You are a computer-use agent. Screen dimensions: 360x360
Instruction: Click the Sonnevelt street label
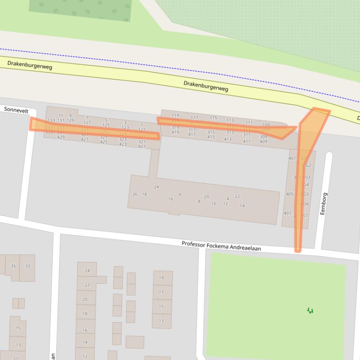pyautogui.click(x=16, y=110)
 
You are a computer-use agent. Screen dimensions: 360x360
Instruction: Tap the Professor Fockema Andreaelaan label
pyautogui.click(x=221, y=245)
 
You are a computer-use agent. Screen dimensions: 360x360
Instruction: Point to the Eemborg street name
pyautogui.click(x=324, y=204)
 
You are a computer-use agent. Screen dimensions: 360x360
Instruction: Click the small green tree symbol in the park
pyautogui.click(x=310, y=310)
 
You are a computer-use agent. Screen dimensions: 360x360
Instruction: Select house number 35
pyautogui.click(x=13, y=266)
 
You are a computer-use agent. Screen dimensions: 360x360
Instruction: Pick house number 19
pyautogui.click(x=161, y=278)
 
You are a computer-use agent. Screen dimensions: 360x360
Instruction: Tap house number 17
pyautogui.click(x=161, y=292)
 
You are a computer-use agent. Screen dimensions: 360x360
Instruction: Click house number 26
pyautogui.click(x=135, y=194)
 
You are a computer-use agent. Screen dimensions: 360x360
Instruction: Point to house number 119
pyautogui.click(x=175, y=115)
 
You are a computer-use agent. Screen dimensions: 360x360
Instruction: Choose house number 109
pyautogui.click(x=266, y=125)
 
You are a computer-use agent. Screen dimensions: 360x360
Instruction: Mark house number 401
pyautogui.click(x=292, y=158)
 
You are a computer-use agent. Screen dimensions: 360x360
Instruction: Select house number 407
pyautogui.click(x=287, y=213)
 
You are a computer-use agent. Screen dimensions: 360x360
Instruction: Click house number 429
pyautogui.click(x=61, y=137)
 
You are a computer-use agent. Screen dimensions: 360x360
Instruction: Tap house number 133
pyautogui.click(x=51, y=121)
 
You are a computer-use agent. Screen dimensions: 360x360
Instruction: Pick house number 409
pyautogui.click(x=263, y=142)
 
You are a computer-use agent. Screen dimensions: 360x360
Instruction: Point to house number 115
pyautogui.click(x=213, y=118)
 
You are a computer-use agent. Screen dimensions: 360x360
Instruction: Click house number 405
pyautogui.click(x=289, y=194)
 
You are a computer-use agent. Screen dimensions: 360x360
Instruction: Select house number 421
pyautogui.click(x=142, y=146)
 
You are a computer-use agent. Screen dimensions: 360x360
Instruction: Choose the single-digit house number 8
pyautogui.click(x=199, y=202)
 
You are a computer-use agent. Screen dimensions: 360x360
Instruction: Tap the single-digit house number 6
pyautogui.click(x=180, y=194)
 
